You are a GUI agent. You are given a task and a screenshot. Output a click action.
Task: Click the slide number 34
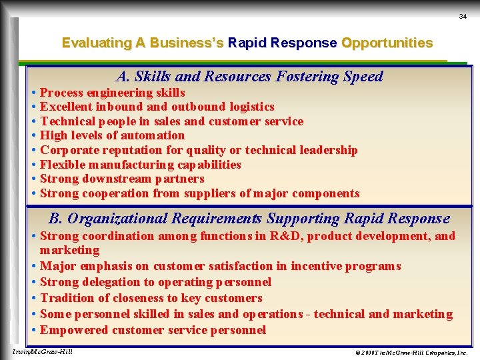pyautogui.click(x=463, y=17)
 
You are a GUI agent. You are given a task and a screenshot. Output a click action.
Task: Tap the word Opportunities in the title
pyautogui.click(x=387, y=43)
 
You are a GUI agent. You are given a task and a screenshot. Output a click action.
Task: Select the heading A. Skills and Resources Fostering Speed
pyautogui.click(x=249, y=77)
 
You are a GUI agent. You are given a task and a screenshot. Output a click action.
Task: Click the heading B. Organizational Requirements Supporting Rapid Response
pyautogui.click(x=249, y=219)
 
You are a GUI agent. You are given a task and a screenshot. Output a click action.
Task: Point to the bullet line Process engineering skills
pyautogui.click(x=112, y=93)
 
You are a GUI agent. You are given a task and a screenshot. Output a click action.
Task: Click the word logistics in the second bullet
pyautogui.click(x=252, y=107)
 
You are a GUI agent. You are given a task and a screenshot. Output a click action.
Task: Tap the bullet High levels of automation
pyautogui.click(x=112, y=135)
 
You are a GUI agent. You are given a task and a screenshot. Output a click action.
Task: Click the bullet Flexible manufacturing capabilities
pyautogui.click(x=140, y=165)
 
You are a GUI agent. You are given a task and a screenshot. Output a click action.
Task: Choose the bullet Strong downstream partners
pyautogui.click(x=122, y=179)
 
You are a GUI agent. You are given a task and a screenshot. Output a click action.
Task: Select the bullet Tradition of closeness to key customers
pyautogui.click(x=151, y=298)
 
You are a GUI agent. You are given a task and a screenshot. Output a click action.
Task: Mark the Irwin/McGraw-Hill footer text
pyautogui.click(x=43, y=351)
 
